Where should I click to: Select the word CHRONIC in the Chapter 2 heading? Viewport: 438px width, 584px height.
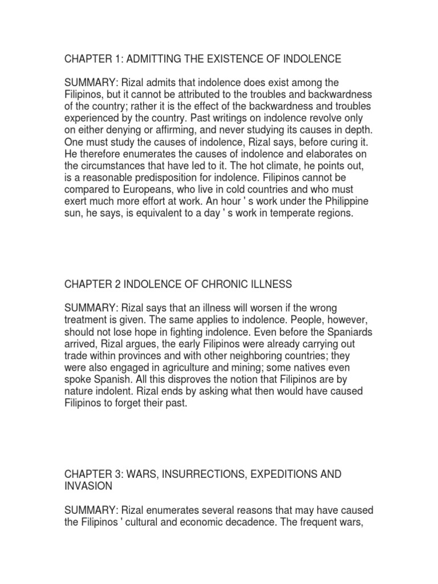[226, 284]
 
